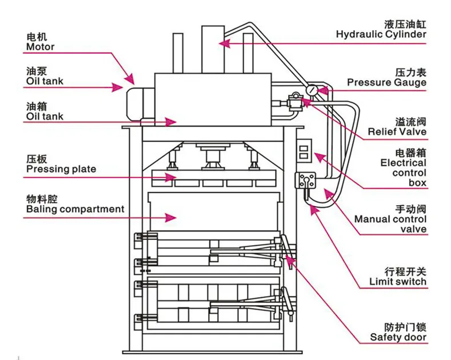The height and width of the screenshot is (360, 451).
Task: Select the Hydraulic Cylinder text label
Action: (381, 34)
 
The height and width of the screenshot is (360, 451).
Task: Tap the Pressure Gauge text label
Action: (386, 82)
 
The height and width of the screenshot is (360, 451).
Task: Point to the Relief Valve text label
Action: (397, 132)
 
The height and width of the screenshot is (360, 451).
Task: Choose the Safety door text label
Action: (398, 337)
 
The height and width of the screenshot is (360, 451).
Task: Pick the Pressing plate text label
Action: (61, 169)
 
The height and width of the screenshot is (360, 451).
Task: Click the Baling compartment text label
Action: (75, 209)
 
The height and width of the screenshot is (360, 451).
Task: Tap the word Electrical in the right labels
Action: (404, 163)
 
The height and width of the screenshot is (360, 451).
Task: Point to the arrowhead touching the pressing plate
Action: (170, 178)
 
